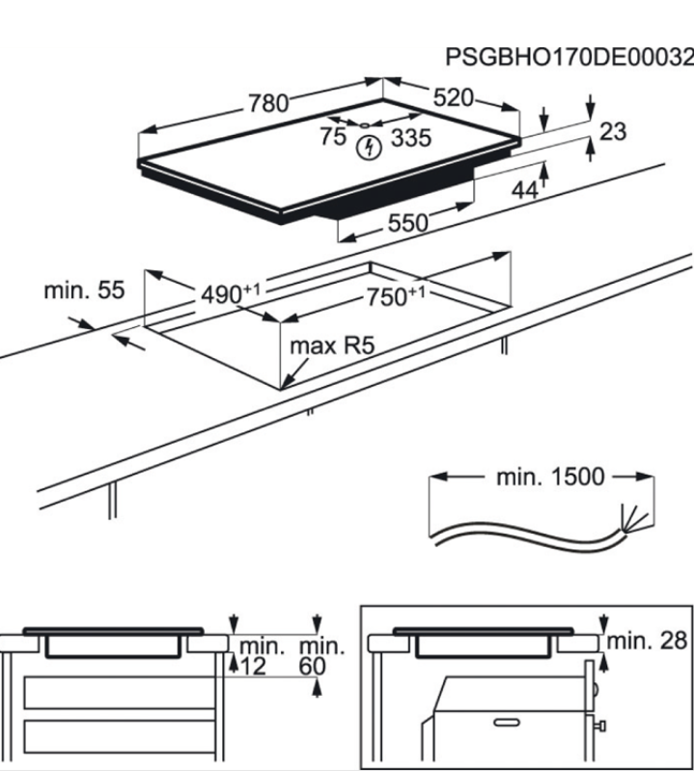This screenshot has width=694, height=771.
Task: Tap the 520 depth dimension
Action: click(x=453, y=97)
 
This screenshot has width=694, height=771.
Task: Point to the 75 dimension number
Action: click(x=333, y=137)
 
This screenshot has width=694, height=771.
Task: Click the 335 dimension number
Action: click(x=410, y=139)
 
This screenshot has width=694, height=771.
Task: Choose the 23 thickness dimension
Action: click(x=613, y=131)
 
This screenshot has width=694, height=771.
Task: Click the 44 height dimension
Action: click(x=524, y=190)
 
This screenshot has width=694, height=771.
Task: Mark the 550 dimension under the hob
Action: click(x=407, y=223)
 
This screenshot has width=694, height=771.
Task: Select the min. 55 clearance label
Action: click(x=85, y=289)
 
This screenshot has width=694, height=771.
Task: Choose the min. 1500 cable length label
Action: click(x=550, y=477)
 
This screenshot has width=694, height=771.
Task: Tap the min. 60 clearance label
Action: click(x=321, y=656)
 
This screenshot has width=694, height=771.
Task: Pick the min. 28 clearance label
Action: click(x=648, y=638)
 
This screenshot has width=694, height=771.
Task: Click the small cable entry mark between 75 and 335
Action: click(x=364, y=125)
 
